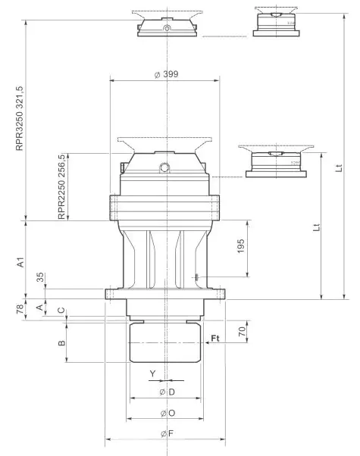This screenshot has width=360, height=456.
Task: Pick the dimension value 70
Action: click(240, 331)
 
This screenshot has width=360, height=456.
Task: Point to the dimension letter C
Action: click(62, 313)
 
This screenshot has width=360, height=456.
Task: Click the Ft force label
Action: click(215, 337)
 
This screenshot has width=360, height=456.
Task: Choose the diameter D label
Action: click(167, 392)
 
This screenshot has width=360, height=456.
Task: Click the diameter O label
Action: click(167, 414)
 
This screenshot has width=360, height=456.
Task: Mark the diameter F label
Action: click(167, 434)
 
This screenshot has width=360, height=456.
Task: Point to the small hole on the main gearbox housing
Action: click(163, 167)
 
